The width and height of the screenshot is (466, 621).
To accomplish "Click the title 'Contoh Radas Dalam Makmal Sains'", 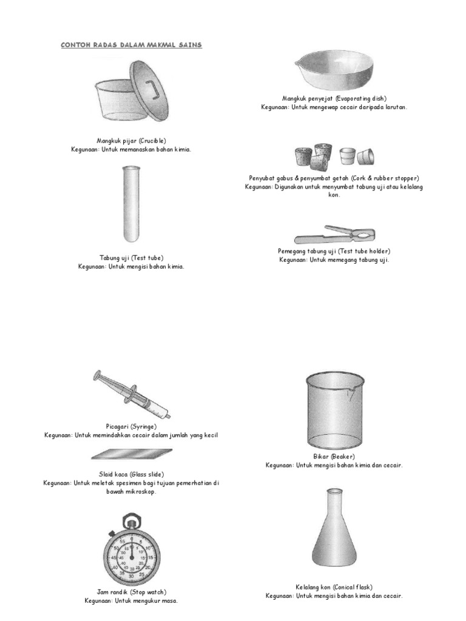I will (131, 45).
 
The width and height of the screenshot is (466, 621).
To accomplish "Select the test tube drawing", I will (131, 205).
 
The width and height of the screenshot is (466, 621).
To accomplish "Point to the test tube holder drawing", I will (334, 234).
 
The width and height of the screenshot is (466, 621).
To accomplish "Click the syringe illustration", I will (132, 395).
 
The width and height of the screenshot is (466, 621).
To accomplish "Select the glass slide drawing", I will (131, 454).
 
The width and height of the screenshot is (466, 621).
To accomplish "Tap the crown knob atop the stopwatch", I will (131, 521).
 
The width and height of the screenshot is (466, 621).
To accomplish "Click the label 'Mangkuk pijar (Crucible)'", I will (131, 140).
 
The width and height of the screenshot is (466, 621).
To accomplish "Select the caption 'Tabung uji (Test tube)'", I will (131, 258).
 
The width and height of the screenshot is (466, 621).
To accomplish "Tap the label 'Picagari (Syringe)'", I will (131, 426).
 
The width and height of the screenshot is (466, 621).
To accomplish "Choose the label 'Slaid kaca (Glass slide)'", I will (131, 474).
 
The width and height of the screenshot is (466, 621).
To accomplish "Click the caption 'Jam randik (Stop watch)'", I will (131, 592).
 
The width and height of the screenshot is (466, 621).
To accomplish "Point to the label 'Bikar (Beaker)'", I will (334, 456).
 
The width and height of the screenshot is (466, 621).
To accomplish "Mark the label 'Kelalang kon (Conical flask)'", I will (334, 587).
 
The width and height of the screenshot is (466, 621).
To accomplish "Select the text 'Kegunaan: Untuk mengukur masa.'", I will (131, 600).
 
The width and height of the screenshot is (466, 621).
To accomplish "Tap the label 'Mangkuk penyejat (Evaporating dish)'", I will (334, 98).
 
